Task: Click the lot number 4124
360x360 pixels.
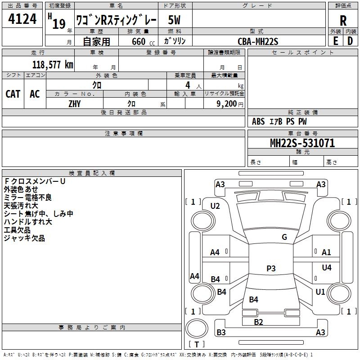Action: point(22,20)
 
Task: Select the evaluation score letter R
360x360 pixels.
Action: point(343,21)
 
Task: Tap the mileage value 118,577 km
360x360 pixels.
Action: point(53,64)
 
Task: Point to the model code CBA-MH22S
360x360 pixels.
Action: point(258,42)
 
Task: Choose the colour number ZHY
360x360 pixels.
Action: point(75,103)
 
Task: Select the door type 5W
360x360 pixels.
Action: point(175,20)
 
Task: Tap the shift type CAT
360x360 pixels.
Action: point(13,94)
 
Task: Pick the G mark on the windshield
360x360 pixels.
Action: point(284,237)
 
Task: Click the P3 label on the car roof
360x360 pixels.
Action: point(271,268)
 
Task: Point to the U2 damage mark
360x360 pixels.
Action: point(215,206)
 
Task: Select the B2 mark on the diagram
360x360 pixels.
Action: point(258,322)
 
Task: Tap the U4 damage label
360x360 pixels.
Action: point(327,268)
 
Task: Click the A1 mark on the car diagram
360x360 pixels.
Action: point(326,252)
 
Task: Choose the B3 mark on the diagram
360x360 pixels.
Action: point(221,333)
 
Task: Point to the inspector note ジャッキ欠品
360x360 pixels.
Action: point(24,238)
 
